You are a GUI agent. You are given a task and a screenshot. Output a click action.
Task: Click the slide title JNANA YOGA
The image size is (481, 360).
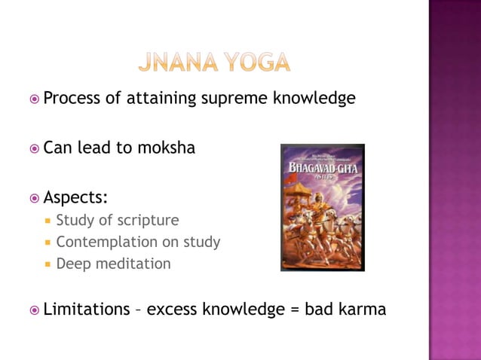pos(214,62)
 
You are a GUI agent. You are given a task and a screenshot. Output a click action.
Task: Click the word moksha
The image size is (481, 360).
pos(166,148)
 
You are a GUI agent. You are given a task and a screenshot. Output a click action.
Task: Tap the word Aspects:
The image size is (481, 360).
pos(75,197)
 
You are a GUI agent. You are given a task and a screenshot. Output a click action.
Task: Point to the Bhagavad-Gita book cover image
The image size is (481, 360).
pos(322,207)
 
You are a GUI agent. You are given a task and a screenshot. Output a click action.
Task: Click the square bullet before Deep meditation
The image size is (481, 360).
pos(47,264)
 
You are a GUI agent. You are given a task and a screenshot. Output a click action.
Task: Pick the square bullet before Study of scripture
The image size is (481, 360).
pos(47,221)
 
